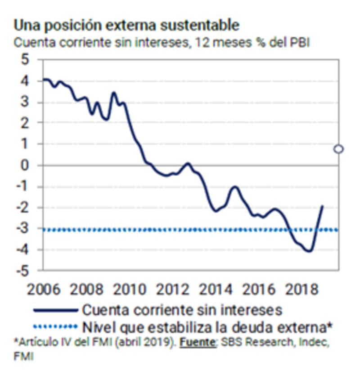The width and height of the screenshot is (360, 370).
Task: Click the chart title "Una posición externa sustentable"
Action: pyautogui.click(x=126, y=25)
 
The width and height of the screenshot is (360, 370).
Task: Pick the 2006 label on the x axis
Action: pyautogui.click(x=43, y=289)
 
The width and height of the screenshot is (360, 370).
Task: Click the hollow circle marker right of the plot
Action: pyautogui.click(x=339, y=149)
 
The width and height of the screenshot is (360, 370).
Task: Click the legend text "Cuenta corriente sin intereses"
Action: pyautogui.click(x=182, y=310)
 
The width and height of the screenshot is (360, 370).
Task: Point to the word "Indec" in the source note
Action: pyautogui.click(x=311, y=342)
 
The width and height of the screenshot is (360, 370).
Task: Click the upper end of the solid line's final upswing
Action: pyautogui.click(x=323, y=206)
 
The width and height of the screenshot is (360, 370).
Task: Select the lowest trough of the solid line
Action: pyautogui.click(x=309, y=251)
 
